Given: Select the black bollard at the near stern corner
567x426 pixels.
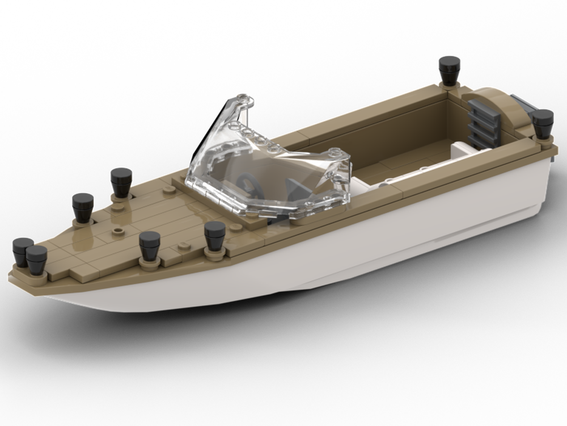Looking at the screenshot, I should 543,123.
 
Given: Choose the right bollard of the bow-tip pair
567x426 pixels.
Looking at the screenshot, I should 37,260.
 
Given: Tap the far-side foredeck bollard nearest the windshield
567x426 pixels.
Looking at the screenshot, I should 121,181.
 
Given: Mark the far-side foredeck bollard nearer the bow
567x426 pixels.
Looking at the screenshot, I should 83,207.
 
